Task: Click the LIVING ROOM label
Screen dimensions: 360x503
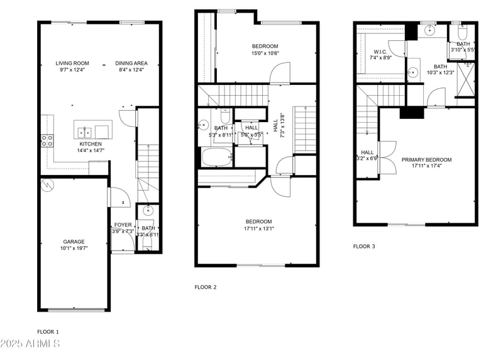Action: tap(72, 63)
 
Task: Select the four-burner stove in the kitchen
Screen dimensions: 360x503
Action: tap(47, 140)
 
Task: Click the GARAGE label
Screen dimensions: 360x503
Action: tap(74, 242)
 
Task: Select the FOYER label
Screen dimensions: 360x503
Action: tap(123, 225)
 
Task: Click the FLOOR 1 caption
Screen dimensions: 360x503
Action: tap(48, 332)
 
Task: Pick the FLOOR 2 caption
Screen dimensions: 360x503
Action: tap(206, 287)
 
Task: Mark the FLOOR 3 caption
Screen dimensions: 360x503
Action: tap(364, 246)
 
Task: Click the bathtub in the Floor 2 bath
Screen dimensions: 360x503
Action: tap(217, 156)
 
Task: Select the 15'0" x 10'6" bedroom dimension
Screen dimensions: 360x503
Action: tap(265, 53)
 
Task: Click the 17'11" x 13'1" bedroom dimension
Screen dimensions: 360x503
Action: tap(258, 228)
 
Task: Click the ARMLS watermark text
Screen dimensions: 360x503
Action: tap(30, 344)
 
